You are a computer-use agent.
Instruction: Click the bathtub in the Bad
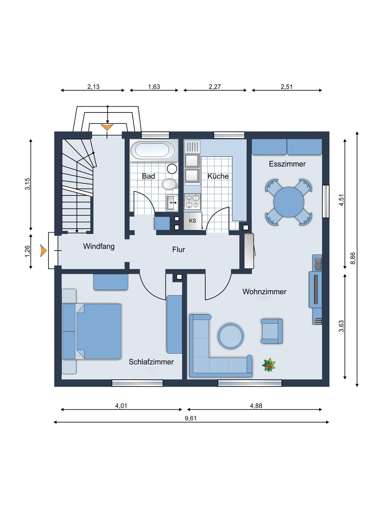point(154,150)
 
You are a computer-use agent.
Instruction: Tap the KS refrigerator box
point(193,221)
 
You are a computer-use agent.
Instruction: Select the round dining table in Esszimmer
point(289,202)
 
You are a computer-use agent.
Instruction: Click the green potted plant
point(269,365)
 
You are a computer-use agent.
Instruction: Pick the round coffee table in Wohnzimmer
point(231,336)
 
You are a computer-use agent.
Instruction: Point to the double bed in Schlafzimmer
point(92,331)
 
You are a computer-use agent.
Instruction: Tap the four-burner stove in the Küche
point(192,202)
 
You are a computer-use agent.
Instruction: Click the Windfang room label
point(99,246)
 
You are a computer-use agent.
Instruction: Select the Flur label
point(179,250)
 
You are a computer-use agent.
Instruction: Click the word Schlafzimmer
point(151,362)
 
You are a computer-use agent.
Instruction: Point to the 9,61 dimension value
point(191,418)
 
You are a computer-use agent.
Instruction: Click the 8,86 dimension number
point(353,258)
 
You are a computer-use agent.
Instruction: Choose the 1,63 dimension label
point(154,87)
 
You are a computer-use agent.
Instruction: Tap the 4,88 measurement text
point(256,406)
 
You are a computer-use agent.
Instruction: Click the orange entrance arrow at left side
point(43,251)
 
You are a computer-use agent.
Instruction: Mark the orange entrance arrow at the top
point(107,127)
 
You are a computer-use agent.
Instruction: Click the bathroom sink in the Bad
point(172,202)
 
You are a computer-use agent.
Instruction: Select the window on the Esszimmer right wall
point(326,201)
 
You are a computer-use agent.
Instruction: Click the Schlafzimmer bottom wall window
point(137,383)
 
